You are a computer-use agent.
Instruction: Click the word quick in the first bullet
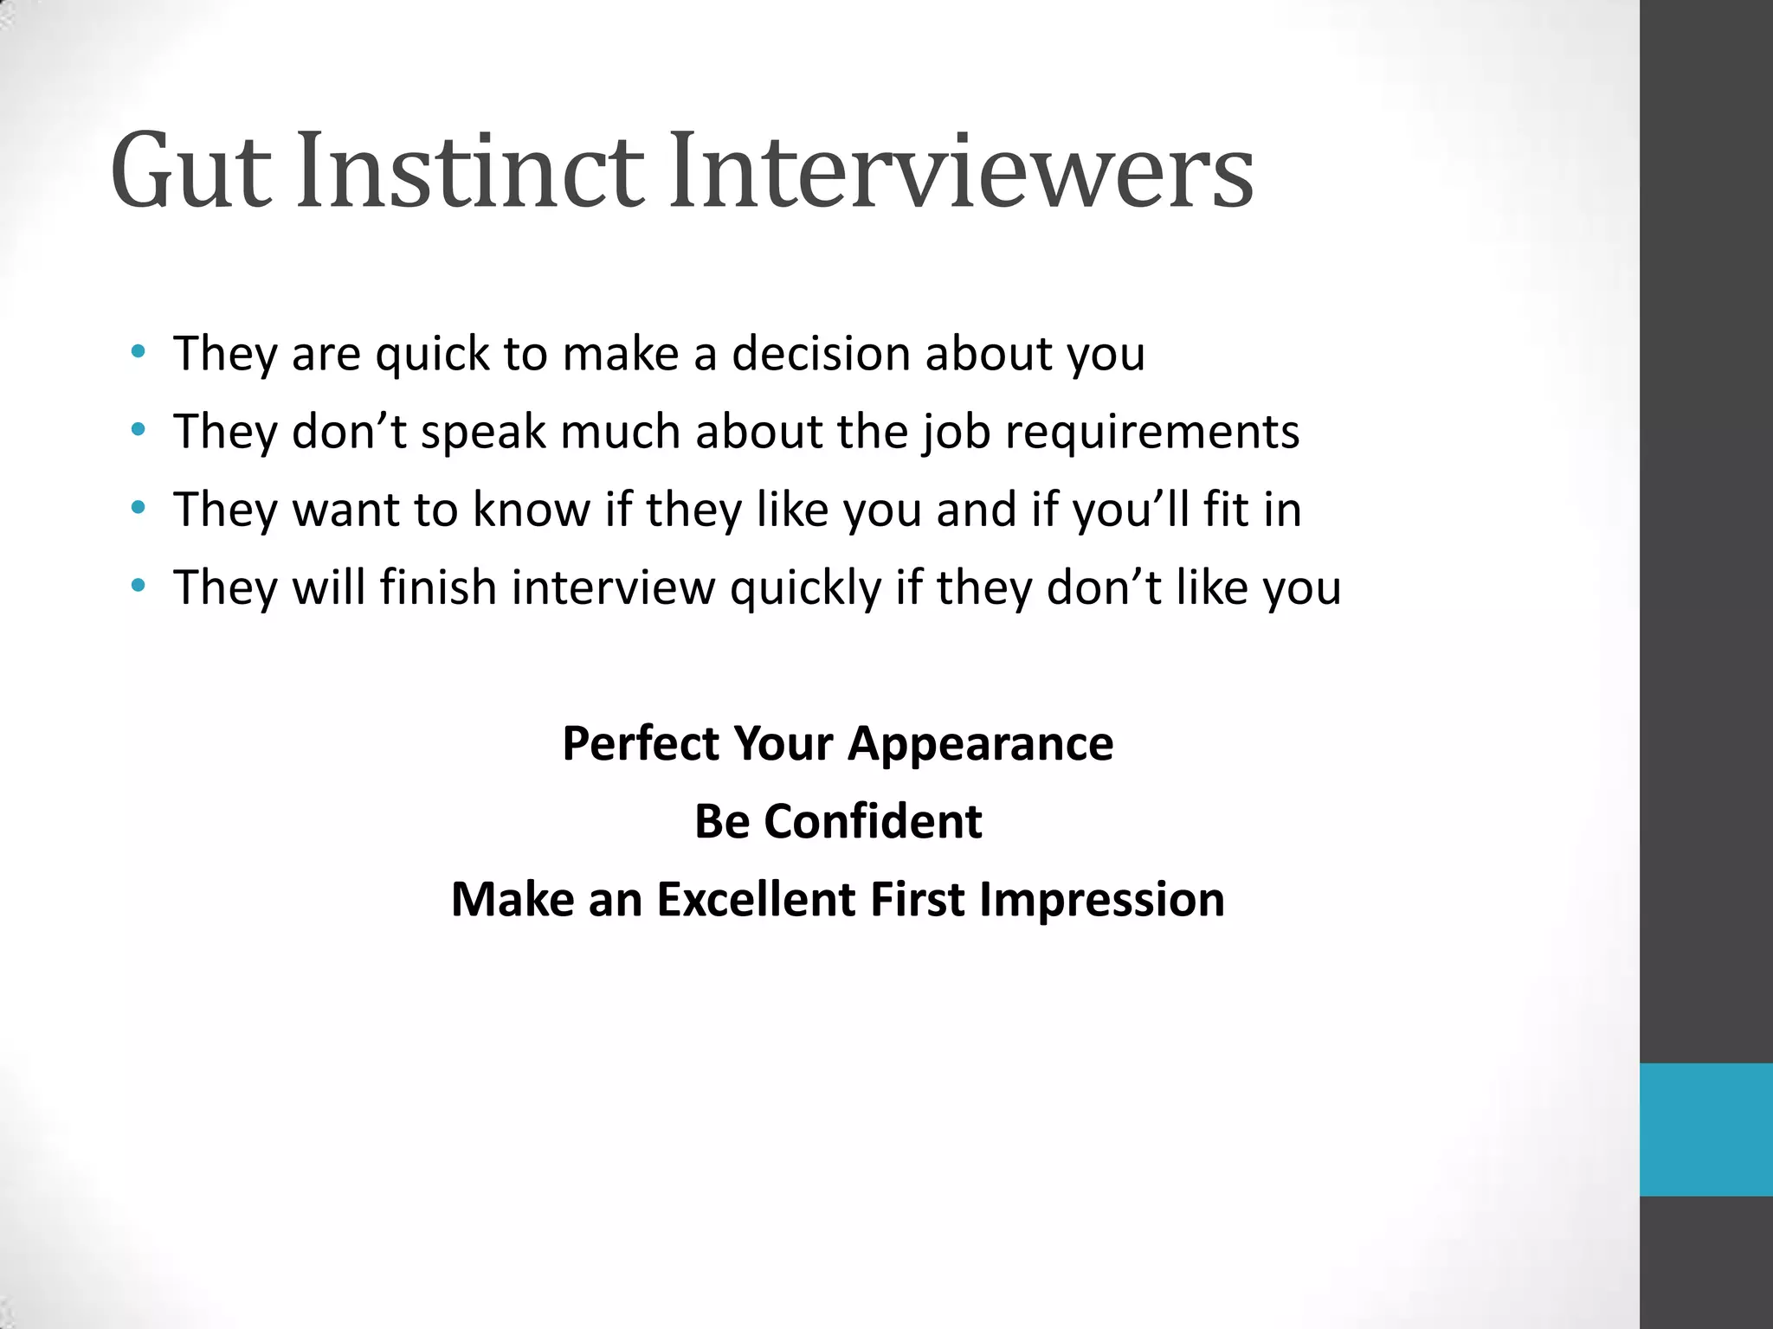(432, 355)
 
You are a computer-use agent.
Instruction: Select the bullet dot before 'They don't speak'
(138, 429)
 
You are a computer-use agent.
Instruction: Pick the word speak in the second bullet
(483, 433)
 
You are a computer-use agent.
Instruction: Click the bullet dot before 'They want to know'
(138, 507)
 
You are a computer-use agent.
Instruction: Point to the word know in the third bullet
(531, 509)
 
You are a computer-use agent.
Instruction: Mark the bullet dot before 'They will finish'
(138, 586)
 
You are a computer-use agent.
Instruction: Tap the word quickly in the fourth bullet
(805, 588)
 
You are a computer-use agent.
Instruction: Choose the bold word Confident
(873, 821)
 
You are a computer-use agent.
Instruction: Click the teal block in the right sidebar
(1705, 1129)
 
